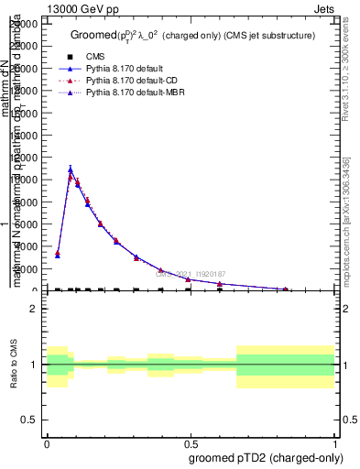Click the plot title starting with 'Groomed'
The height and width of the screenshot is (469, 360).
192,35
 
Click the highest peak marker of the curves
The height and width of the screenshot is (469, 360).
71,169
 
